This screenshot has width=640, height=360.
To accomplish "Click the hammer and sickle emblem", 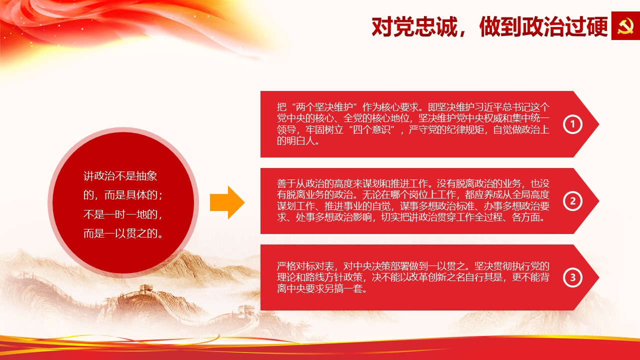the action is point(625,25).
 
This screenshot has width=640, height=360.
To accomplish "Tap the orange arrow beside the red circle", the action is point(227,202).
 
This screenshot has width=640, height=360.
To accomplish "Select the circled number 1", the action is point(572,124).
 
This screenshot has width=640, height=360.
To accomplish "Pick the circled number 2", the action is point(572,201).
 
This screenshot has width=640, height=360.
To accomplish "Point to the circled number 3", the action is point(572,277).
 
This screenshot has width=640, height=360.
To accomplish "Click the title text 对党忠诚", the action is point(414,26).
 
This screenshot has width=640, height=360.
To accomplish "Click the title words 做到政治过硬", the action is point(543,26).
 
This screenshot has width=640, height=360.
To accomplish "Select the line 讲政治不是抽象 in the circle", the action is point(120,176).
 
